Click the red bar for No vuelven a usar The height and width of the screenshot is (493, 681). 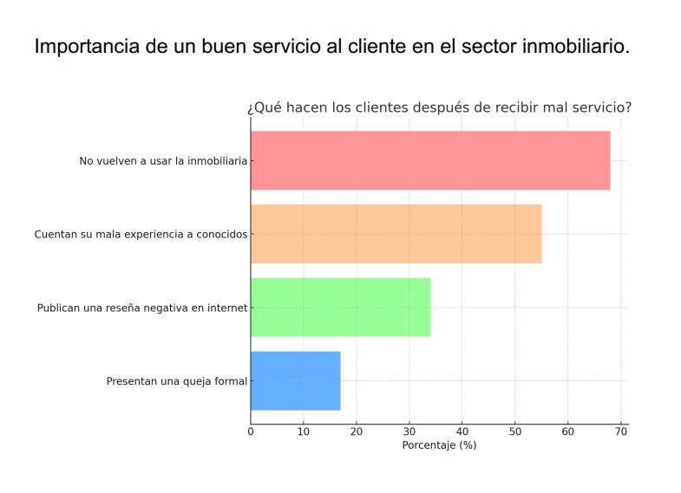pyautogui.click(x=430, y=160)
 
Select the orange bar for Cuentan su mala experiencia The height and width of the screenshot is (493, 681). pyautogui.click(x=396, y=234)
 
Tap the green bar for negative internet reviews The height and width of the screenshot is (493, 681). pyautogui.click(x=340, y=307)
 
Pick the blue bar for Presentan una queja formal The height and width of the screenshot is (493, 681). pyautogui.click(x=295, y=380)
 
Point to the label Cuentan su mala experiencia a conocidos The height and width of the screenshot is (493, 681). pyautogui.click(x=141, y=234)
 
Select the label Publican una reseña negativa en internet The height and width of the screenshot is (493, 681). pyautogui.click(x=142, y=308)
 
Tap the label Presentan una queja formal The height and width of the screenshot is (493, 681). pyautogui.click(x=176, y=381)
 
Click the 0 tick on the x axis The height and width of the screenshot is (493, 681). pyautogui.click(x=251, y=431)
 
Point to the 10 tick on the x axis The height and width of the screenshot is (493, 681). pyautogui.click(x=304, y=431)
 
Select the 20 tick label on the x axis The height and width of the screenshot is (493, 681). pyautogui.click(x=357, y=431)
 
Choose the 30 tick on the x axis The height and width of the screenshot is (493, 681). pyautogui.click(x=409, y=431)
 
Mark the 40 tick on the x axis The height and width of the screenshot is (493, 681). pyautogui.click(x=462, y=431)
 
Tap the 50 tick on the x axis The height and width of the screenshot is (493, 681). pyautogui.click(x=515, y=431)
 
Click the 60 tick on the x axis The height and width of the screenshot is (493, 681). pyautogui.click(x=568, y=431)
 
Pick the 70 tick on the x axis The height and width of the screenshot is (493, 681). pyautogui.click(x=621, y=431)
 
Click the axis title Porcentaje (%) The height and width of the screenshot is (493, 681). pyautogui.click(x=439, y=445)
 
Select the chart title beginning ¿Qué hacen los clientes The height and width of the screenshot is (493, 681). pyautogui.click(x=439, y=108)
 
